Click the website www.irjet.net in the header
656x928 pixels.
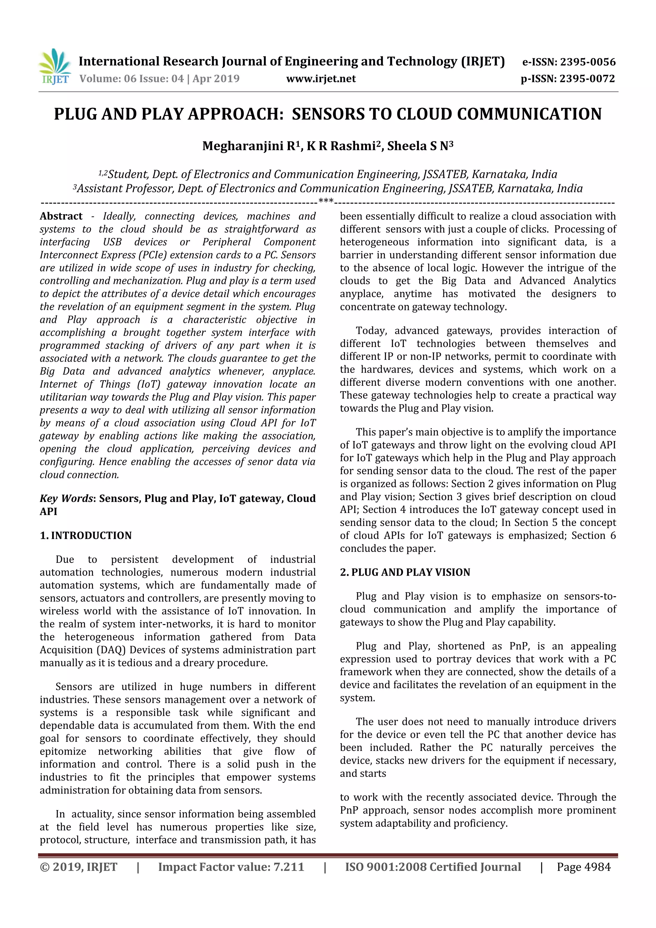pos(321,79)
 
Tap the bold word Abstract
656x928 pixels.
pos(61,216)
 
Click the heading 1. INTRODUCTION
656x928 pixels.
pos(86,536)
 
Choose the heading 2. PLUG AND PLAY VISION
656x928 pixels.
pos(405,572)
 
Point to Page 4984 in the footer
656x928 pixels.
pos(584,867)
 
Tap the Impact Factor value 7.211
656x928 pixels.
pos(289,867)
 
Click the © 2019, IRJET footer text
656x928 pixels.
pos(78,867)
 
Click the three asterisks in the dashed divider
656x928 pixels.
pos(326,201)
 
